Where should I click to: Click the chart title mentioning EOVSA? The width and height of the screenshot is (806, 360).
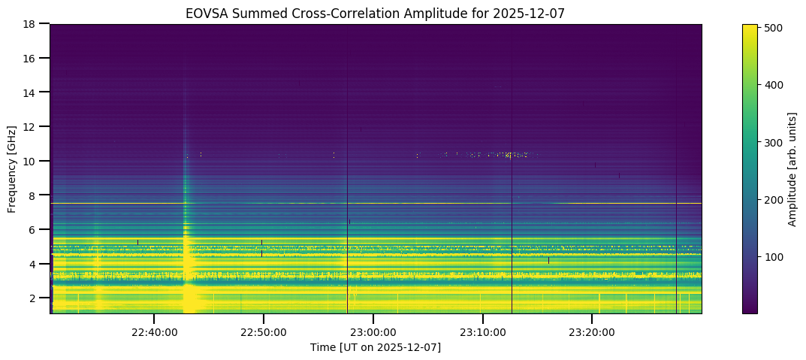tap(376, 13)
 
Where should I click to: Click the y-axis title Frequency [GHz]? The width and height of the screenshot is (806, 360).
tap(12, 168)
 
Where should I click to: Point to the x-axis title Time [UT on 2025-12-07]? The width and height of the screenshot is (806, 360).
tap(376, 347)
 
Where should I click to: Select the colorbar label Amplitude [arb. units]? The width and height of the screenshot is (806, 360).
tap(792, 168)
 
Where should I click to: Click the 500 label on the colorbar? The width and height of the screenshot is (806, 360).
tap(774, 28)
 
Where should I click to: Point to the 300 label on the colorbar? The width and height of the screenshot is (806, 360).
tap(774, 142)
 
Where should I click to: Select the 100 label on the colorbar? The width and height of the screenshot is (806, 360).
tap(774, 257)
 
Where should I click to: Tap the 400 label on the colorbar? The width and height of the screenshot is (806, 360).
tap(774, 85)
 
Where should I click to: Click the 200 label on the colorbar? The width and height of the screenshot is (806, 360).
tap(774, 200)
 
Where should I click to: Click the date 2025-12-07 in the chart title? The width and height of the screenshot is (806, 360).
tap(536, 13)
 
